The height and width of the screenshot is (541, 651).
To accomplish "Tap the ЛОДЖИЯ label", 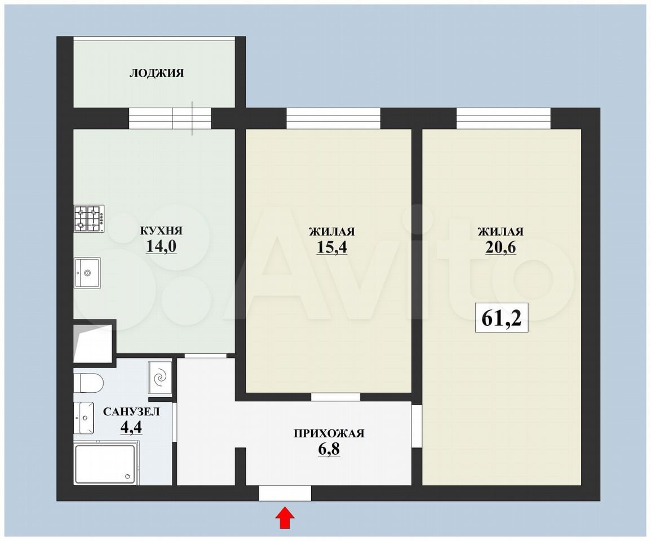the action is click(157, 73).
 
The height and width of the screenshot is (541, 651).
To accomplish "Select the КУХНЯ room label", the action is click(161, 231).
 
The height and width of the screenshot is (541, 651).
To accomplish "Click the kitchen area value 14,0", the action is click(161, 246).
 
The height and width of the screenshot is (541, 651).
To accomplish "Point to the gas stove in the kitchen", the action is click(89, 219).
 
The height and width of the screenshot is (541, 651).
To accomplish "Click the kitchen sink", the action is click(87, 273).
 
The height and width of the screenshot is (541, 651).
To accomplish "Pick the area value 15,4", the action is click(332, 247).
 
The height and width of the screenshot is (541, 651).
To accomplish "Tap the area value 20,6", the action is click(501, 247).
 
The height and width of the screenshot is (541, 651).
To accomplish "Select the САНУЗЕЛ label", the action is click(131, 412).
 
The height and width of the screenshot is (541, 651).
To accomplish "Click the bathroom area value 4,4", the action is click(131, 427).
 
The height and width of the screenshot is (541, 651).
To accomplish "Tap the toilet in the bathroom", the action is click(88, 382).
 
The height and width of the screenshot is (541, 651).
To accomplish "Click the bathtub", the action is click(107, 464).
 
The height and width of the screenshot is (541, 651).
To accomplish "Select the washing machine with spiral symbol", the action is click(160, 378).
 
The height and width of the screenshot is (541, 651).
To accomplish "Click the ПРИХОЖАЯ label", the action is click(329, 433).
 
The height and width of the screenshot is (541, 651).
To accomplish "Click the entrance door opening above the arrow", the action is click(285, 493).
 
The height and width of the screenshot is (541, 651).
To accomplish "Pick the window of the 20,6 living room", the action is click(504, 118).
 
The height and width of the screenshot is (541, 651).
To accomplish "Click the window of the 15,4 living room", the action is click(333, 118).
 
